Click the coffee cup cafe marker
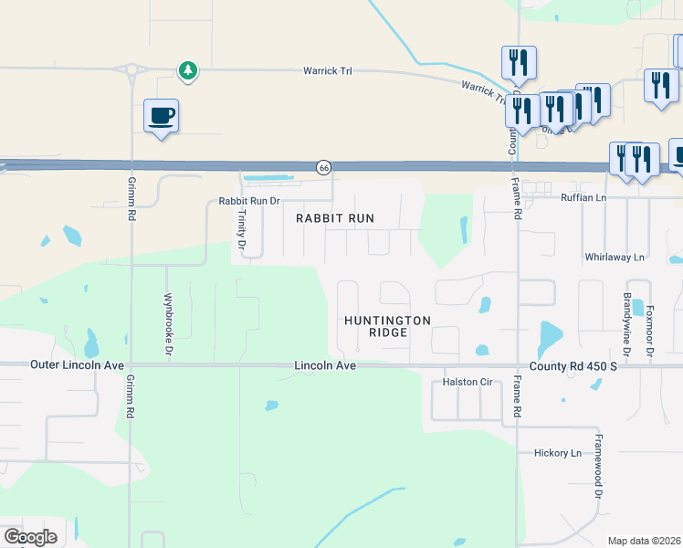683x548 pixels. [161, 116]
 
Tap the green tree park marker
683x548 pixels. [187, 70]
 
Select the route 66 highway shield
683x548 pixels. [323, 167]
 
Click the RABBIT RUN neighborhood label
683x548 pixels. [335, 219]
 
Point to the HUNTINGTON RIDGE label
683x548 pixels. [387, 326]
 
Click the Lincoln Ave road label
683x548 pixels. [324, 365]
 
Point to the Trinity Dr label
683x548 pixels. [242, 228]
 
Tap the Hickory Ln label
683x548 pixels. [557, 453]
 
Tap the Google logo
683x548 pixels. [30, 537]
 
